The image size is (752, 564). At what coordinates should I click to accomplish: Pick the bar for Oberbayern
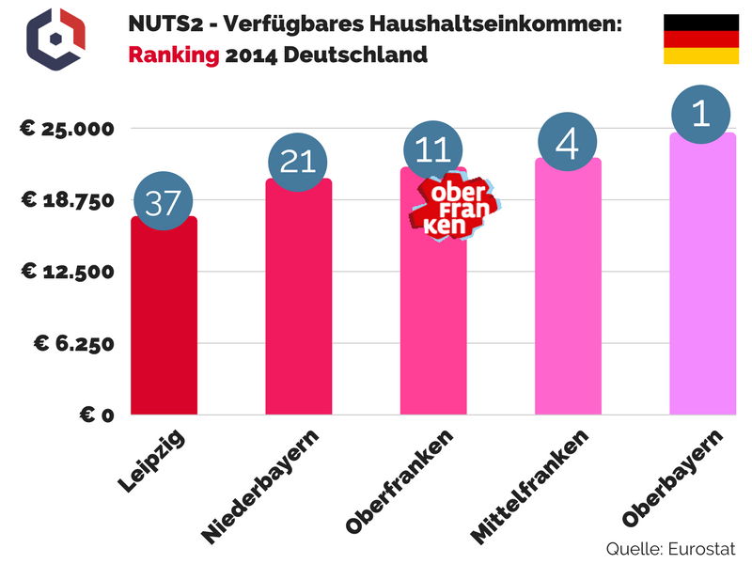point(702,282)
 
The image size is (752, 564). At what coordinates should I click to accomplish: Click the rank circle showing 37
point(164,203)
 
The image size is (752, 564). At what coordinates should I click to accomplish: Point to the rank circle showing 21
point(298,162)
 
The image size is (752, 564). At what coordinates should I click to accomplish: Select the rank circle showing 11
point(433,149)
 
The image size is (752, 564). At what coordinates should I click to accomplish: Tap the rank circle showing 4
point(569,142)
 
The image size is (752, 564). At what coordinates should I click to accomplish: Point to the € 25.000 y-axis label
point(68,128)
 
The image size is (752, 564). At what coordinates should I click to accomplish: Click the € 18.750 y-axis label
point(68,199)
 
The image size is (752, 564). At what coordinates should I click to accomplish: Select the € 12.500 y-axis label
point(68,272)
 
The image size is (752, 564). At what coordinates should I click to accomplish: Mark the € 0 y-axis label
point(94,415)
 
